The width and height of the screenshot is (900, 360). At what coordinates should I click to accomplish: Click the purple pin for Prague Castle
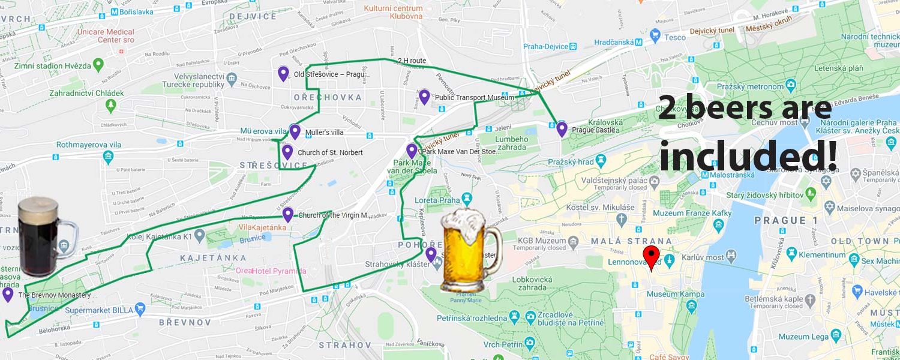pos(562,128)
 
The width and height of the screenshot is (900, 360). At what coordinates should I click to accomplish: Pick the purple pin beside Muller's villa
pos(294,131)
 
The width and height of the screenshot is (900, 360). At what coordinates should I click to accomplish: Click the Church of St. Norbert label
pos(330,152)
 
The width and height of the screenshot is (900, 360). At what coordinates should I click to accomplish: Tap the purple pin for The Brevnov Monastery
pos(8,294)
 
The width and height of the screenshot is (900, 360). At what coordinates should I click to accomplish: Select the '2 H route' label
pos(412,61)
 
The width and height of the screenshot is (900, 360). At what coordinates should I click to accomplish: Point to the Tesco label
pos(675,37)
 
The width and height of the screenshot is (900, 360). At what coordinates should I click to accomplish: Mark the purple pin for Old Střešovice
pos(283,73)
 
